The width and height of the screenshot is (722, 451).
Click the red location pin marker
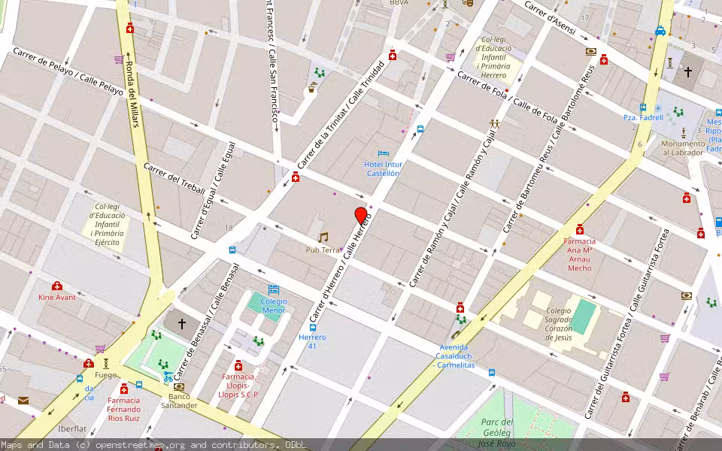point(361,216)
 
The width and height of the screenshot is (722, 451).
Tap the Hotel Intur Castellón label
point(383,168)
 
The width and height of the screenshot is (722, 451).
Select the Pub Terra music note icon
point(323,238)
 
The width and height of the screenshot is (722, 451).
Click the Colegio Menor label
point(274,305)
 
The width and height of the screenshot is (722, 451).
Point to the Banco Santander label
point(179,401)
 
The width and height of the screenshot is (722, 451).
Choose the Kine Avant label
point(57,297)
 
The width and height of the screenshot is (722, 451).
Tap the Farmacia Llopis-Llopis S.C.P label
point(238,385)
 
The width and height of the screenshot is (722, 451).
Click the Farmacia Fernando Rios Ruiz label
point(123,409)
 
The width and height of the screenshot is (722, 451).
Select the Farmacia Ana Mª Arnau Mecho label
point(579,255)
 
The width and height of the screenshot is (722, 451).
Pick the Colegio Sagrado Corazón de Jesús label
point(559,324)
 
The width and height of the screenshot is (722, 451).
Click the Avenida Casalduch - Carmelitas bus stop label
point(454,356)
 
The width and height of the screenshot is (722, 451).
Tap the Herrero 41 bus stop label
point(312,342)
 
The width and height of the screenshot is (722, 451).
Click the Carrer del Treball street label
point(174,178)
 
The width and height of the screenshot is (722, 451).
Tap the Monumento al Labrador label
point(683,148)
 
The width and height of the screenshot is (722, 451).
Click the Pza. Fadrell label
point(643,117)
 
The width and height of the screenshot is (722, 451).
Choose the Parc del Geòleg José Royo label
point(496,432)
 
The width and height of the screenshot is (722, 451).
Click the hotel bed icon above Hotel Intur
point(383,153)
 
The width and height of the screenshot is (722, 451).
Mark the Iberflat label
point(72,428)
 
